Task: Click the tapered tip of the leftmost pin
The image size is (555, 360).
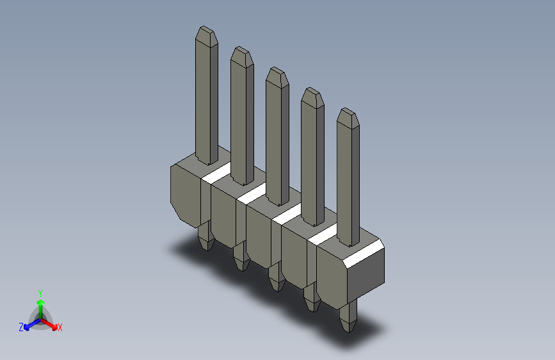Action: point(206,36)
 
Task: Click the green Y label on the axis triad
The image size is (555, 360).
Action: point(40,293)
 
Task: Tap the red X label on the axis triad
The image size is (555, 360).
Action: point(60,327)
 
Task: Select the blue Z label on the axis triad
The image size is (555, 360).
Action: point(21,327)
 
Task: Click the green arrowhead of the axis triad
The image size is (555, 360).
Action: point(41,303)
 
